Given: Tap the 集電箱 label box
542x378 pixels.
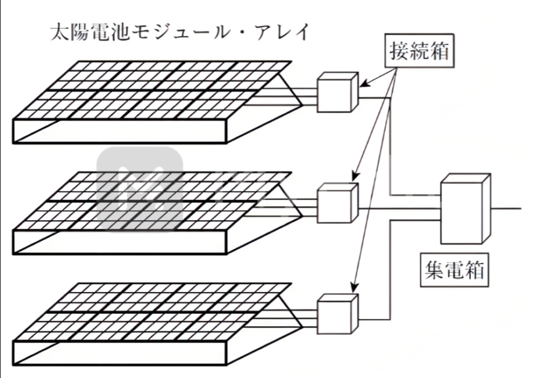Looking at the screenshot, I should [x=452, y=271].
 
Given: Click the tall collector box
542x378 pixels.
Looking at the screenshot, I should [x=465, y=209].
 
